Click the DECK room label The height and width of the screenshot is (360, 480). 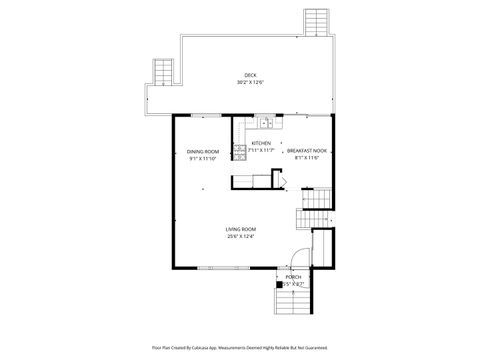click(250, 74)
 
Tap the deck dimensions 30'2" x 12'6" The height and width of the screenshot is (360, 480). click(250, 81)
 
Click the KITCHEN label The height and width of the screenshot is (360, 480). click(260, 143)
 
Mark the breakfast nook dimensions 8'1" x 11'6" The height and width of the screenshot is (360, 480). click(307, 158)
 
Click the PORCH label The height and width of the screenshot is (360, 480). click(294, 277)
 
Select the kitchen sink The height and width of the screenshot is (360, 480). click(266, 123)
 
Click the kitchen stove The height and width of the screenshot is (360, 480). click(240, 152)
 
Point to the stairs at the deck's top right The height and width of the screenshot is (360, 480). click(317, 20)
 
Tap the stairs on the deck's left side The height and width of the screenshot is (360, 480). click(162, 72)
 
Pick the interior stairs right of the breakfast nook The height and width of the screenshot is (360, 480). click(316, 210)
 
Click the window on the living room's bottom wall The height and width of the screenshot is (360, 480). click(217, 267)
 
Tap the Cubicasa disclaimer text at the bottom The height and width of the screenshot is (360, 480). click(240, 347)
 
